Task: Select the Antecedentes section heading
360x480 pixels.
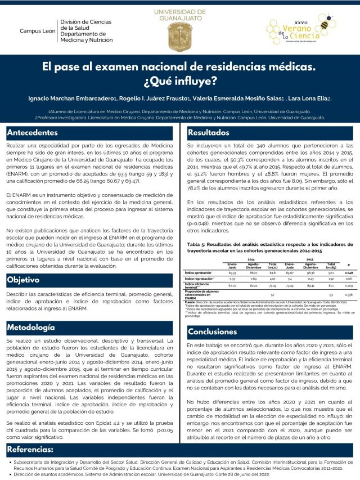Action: tap(33, 133)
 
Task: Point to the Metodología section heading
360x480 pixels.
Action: tap(31, 327)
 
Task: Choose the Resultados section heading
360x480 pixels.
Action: tap(209, 133)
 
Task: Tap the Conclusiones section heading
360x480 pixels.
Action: tap(213, 331)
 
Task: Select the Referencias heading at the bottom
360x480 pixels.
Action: tap(30, 450)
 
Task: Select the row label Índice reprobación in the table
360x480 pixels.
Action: tap(200, 279)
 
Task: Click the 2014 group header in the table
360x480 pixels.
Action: tap(251, 259)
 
